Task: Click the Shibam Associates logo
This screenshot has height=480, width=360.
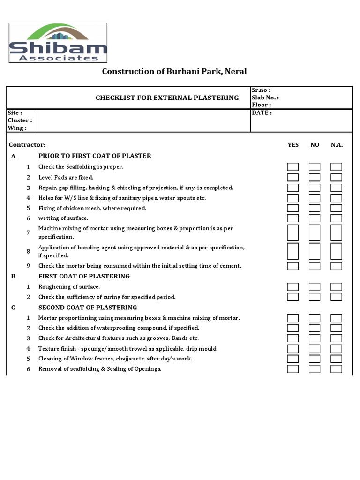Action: (x=59, y=43)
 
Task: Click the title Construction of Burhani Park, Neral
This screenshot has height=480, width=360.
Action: (x=174, y=71)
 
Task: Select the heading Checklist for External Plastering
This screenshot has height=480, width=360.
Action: (x=167, y=97)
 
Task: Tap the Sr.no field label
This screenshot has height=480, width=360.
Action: (x=261, y=90)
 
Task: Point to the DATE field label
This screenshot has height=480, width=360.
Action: (x=262, y=113)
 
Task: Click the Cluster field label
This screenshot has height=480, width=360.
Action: (x=20, y=120)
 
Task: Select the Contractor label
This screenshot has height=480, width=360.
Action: (x=28, y=145)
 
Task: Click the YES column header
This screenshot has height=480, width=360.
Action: (x=292, y=145)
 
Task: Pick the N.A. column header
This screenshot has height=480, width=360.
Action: (x=337, y=145)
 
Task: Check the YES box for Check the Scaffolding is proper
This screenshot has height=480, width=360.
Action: (x=292, y=167)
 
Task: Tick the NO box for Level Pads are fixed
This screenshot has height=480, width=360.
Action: (x=315, y=177)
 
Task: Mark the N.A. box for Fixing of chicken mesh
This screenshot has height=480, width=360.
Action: (x=336, y=208)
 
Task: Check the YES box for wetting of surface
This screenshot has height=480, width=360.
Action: (x=292, y=218)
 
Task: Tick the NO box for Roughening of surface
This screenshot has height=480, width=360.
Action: (x=315, y=286)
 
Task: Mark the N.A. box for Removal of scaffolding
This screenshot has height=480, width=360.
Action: (x=336, y=369)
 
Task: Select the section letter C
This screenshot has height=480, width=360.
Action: (x=13, y=307)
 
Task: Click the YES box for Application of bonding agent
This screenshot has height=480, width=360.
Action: (x=292, y=251)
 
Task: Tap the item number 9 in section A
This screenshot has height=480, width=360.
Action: (x=28, y=266)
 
